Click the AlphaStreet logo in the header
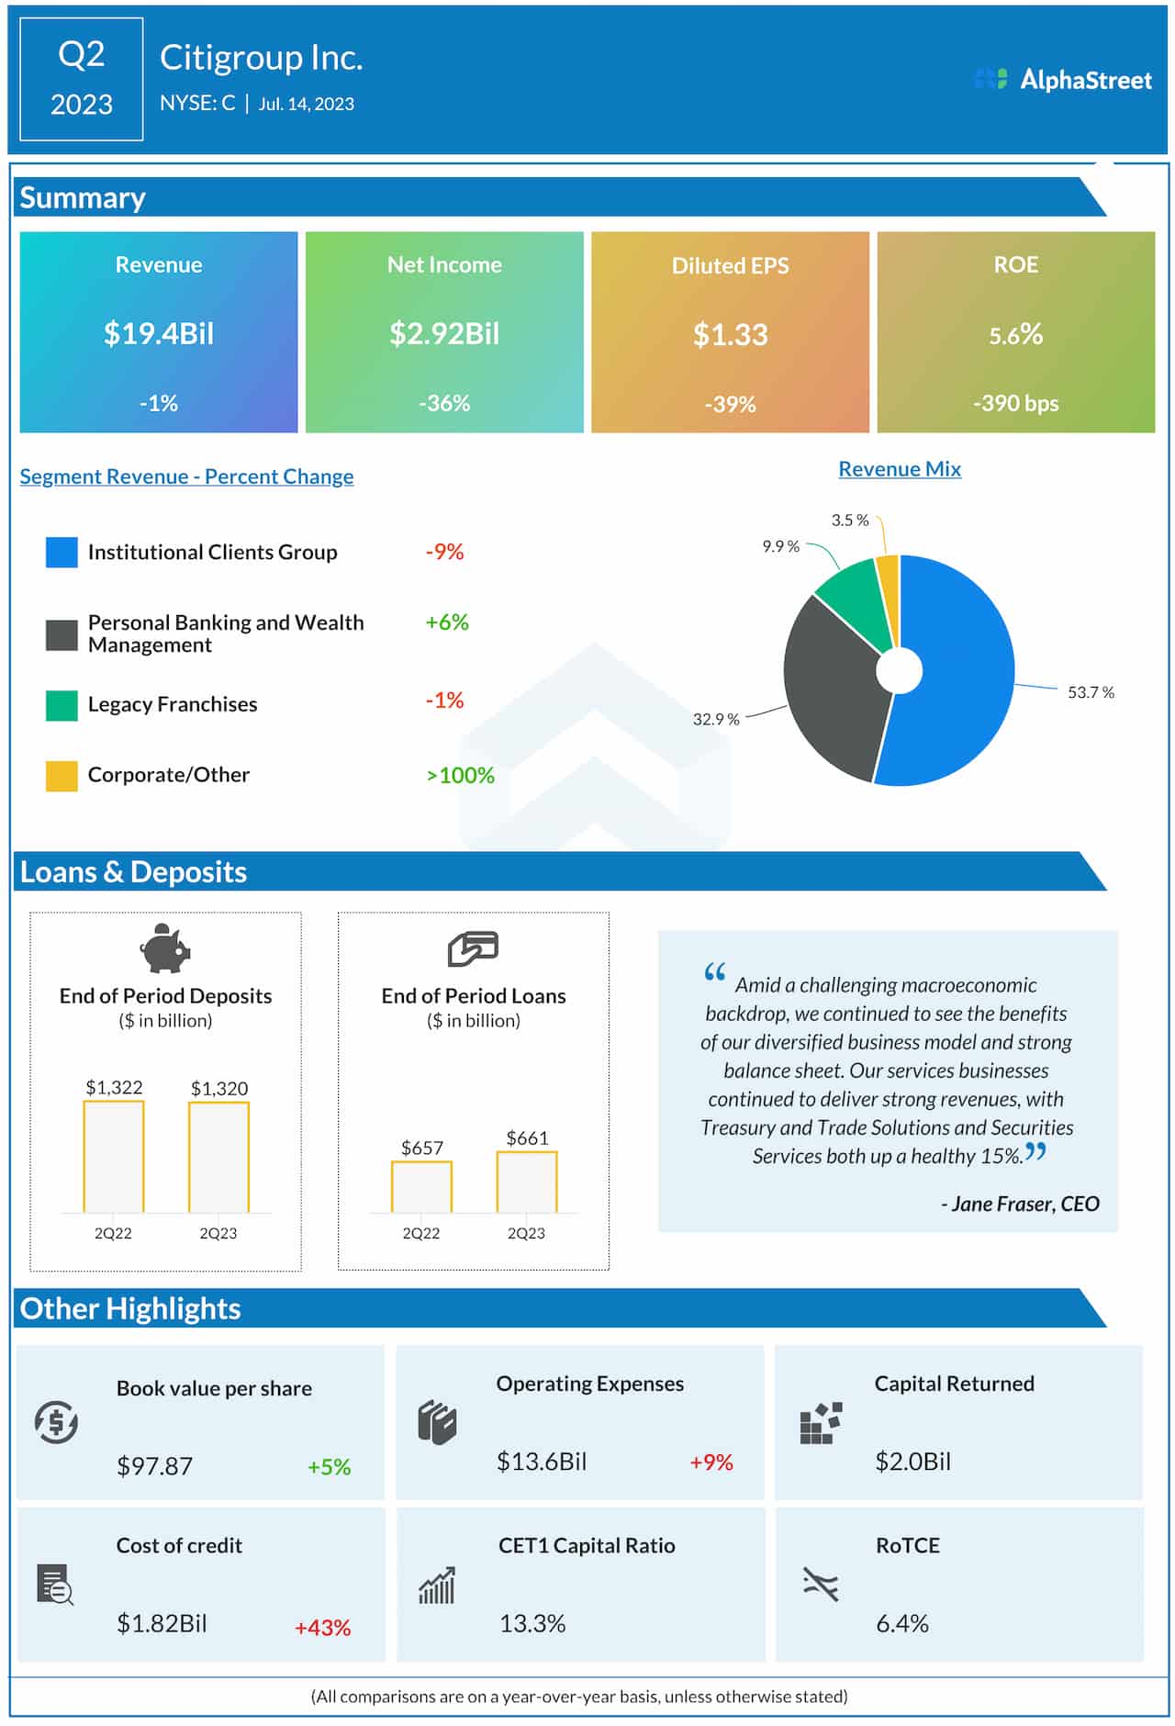[x=1062, y=80]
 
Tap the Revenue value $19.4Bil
[x=159, y=333]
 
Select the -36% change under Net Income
[x=444, y=403]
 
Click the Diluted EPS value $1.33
[x=730, y=334]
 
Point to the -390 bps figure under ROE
[x=1015, y=403]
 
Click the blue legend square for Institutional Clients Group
[x=62, y=552]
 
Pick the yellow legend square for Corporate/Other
[x=62, y=776]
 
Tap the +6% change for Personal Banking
[x=446, y=622]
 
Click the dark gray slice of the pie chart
[x=831, y=689]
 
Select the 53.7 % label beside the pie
[x=1090, y=692]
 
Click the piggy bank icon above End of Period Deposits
[x=165, y=948]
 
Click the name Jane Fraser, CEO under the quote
[x=1019, y=1204]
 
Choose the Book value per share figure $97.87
[x=154, y=1466]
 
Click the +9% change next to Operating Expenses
[x=711, y=1463]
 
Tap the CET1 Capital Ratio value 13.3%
[x=532, y=1623]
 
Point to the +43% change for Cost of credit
[x=322, y=1628]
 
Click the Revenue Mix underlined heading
[x=899, y=469]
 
